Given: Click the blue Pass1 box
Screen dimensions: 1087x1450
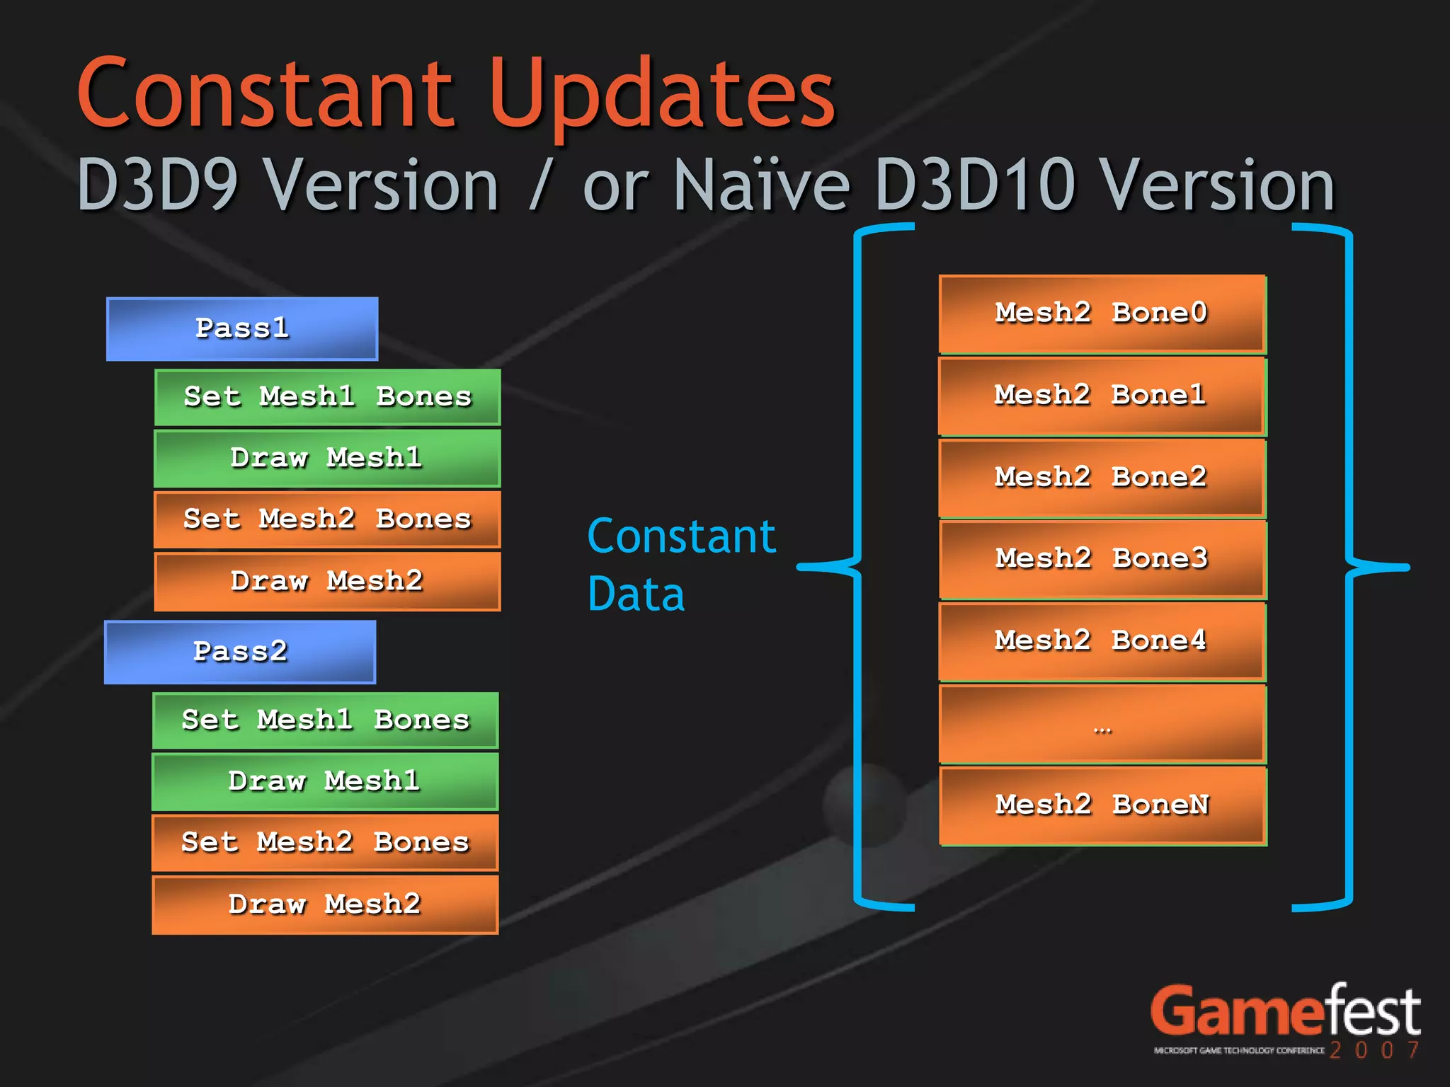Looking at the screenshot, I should (241, 328).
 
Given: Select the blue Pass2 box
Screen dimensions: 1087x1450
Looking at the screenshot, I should (239, 652).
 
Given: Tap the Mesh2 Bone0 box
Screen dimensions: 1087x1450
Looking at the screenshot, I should (1102, 314).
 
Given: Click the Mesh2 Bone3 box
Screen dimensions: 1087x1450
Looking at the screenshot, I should (1102, 559).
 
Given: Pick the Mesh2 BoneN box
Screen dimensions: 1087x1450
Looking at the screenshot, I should (1102, 805).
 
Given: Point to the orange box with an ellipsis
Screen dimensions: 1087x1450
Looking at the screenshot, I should (1102, 724).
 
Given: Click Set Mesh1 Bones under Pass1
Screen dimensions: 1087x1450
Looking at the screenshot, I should (327, 396).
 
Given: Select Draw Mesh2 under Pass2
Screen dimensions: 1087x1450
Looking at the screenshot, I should (324, 904).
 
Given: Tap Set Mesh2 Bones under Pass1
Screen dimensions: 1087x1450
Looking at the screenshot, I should (327, 519).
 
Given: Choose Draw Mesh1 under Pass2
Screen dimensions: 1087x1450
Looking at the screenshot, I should (324, 781).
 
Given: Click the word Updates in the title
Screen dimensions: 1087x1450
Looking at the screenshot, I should (661, 96).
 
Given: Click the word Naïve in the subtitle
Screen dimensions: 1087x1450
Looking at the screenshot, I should (761, 185).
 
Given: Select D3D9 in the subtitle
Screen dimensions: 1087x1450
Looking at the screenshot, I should (157, 185).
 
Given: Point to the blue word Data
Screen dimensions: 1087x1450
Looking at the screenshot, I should (636, 594).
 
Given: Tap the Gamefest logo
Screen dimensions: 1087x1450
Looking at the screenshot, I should (1284, 1012).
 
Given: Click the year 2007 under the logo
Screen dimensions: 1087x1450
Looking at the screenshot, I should (1374, 1049).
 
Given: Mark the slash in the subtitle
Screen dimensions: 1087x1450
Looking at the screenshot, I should (540, 185).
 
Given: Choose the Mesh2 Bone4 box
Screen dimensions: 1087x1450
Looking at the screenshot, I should (1102, 641).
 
